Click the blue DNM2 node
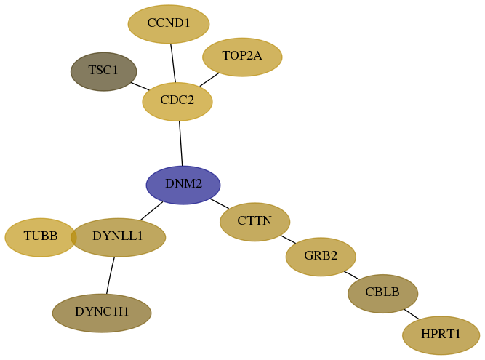tap(183, 185)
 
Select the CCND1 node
tap(169, 24)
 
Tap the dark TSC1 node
tap(104, 71)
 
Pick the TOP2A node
tap(242, 57)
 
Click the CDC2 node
tap(177, 101)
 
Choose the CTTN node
tap(255, 222)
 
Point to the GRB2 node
tap(321, 257)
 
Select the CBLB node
tap(382, 294)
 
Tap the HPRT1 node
tap(441, 335)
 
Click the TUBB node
tap(41, 237)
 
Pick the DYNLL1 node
tap(118, 237)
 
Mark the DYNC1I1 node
tap(102, 313)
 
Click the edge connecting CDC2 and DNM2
tap(180, 143)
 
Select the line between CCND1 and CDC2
tap(173, 63)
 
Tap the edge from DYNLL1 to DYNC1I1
tap(110, 275)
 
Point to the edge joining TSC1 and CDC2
tap(140, 86)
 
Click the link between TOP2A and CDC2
tap(209, 79)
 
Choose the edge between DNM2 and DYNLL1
tap(151, 211)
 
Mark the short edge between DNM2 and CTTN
tap(220, 204)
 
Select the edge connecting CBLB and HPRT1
tap(412, 314)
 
